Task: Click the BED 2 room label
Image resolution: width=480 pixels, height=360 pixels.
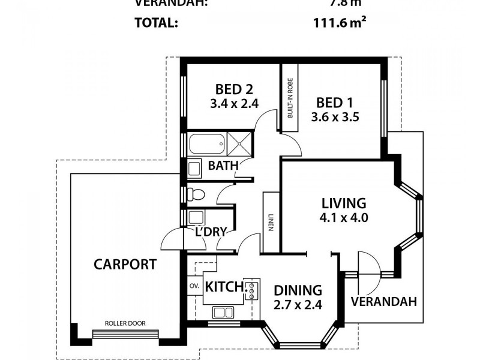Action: [x=233, y=89]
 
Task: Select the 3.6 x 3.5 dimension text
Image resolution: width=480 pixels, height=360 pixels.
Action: [x=335, y=117]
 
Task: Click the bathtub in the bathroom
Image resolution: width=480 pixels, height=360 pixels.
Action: [x=206, y=145]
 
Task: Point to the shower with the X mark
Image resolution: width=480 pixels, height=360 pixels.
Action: [x=239, y=145]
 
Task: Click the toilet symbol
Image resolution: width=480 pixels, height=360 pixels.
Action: [x=196, y=194]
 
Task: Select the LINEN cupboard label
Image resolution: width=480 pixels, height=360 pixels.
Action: [x=271, y=223]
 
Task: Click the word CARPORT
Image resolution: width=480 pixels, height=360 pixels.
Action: [x=125, y=264]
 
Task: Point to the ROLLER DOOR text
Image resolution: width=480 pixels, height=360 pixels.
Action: [x=125, y=323]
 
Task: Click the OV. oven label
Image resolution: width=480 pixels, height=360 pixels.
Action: [x=194, y=286]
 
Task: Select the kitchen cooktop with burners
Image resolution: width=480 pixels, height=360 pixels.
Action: [x=252, y=289]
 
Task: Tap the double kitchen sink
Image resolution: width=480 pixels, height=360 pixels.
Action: [x=223, y=312]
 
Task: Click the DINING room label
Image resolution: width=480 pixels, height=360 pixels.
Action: [x=298, y=290]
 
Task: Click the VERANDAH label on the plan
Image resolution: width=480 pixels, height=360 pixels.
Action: [x=384, y=301]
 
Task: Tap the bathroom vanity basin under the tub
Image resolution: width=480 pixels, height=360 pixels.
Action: [x=194, y=167]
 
